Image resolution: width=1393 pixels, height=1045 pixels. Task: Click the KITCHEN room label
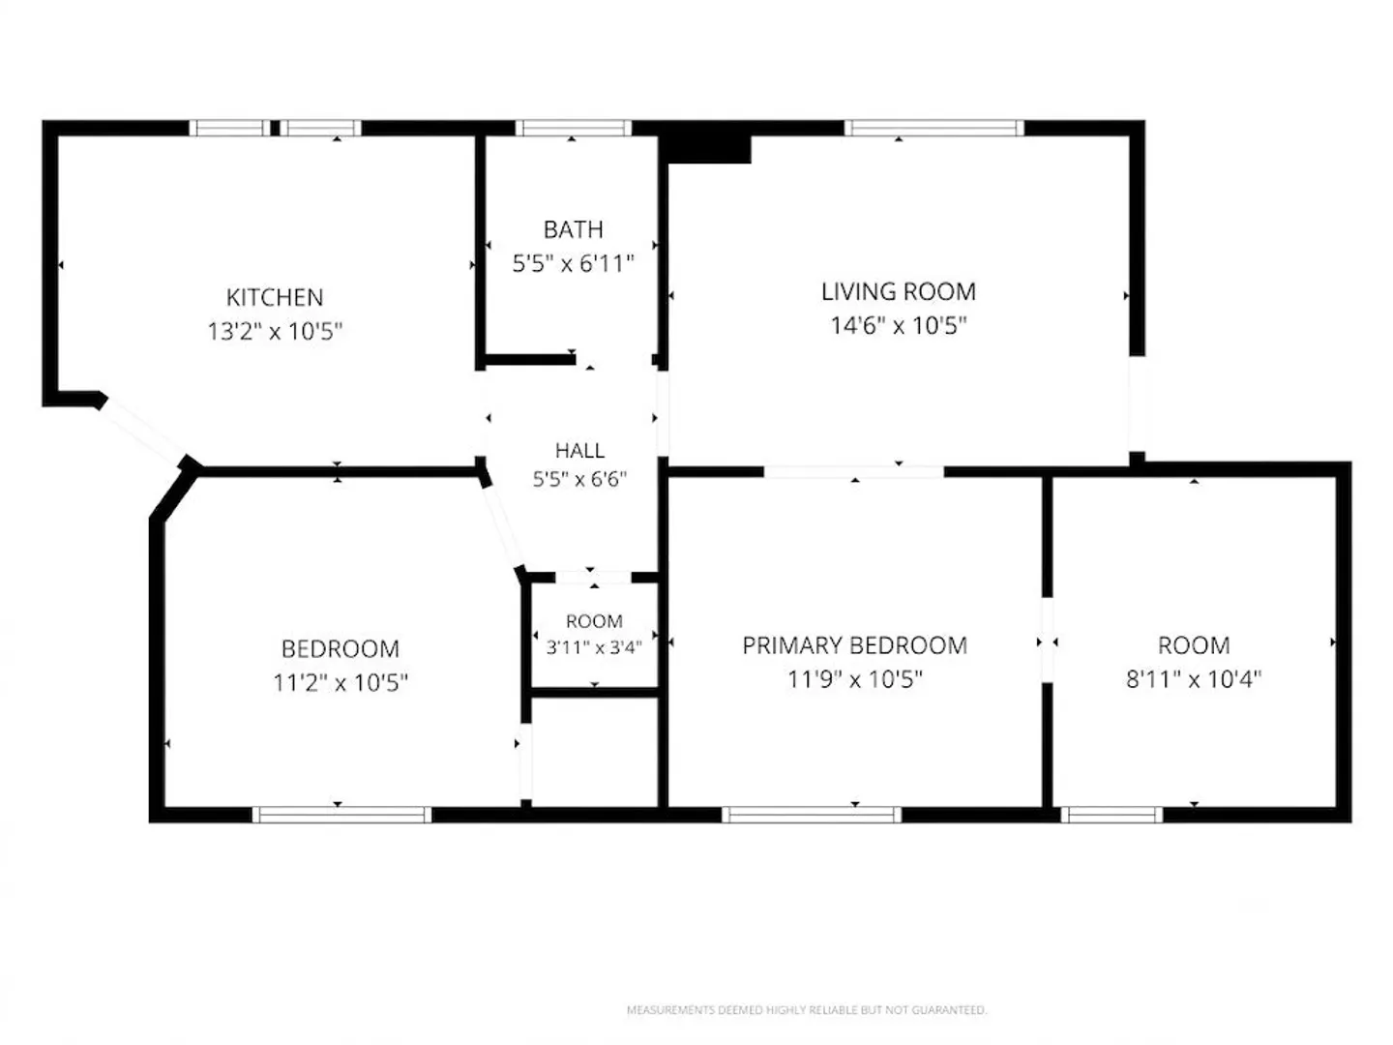274,297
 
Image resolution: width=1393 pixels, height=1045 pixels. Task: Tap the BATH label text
573,229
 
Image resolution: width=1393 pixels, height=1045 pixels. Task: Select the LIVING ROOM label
898,292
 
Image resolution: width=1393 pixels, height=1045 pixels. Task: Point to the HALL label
578,451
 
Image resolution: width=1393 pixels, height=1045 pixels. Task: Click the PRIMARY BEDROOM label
854,646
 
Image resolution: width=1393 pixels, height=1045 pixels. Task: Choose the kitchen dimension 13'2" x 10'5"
275,331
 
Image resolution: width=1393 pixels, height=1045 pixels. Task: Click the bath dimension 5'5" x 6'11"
573,263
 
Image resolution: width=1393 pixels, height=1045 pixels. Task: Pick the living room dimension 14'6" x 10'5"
898,325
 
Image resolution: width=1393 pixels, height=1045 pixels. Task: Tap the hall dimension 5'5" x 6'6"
578,479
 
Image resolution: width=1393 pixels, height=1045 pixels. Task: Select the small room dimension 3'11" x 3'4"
594,647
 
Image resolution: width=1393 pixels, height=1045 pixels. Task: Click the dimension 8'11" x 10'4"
1193,679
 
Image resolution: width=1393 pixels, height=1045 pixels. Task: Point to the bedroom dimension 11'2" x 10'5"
341,683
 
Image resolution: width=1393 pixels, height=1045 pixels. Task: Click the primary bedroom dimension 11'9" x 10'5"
854,679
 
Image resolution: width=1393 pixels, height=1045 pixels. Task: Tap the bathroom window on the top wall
573,128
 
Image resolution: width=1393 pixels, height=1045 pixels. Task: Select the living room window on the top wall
934,128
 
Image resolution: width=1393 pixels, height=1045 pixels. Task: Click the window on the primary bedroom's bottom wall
811,815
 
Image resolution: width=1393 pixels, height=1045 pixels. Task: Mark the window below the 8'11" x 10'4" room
1111,815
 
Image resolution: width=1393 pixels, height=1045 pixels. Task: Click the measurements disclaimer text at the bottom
806,1010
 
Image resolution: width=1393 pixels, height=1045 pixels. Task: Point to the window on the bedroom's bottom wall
341,815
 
